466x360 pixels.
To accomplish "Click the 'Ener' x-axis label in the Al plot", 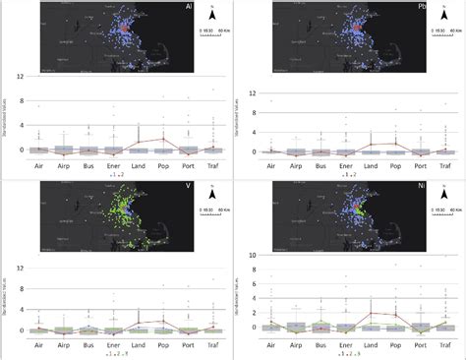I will [x=112, y=167].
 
